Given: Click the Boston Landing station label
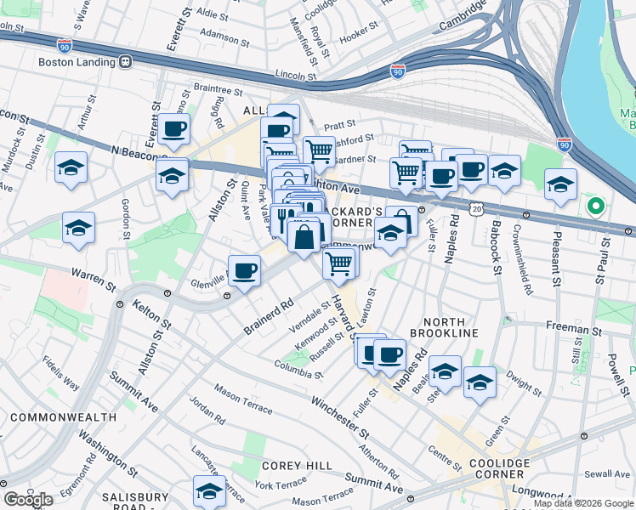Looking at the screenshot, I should click(76, 62).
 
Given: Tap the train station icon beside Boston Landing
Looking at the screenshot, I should click(125, 62).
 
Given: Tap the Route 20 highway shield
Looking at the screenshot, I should click(477, 209).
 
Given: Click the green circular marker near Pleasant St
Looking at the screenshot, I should click(595, 206).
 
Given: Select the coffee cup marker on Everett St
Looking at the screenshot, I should click(174, 129).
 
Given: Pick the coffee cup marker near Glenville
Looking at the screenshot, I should click(245, 271).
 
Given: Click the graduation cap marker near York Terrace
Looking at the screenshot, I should click(209, 490).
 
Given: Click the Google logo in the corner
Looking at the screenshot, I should click(28, 500).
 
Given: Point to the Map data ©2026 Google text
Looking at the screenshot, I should click(582, 503).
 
